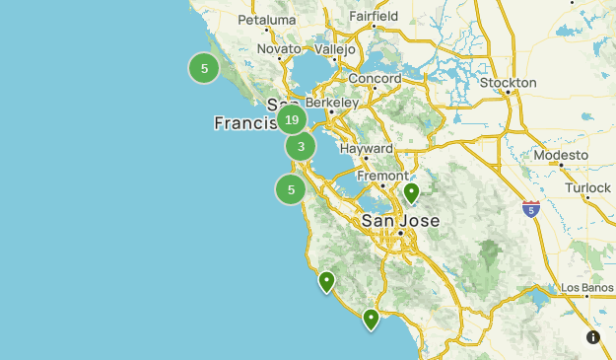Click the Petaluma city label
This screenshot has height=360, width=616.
point(267,20)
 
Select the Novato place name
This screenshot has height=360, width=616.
point(279,49)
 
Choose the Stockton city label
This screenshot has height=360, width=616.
point(508,83)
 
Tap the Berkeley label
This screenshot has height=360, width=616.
point(332,103)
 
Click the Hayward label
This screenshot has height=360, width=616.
point(366,148)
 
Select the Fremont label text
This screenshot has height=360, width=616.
point(382,177)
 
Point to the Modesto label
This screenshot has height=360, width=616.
point(560,156)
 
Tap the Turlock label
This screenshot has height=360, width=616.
point(588,187)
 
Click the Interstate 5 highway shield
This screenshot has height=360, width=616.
point(531,208)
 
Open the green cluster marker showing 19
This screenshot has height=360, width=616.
point(290,121)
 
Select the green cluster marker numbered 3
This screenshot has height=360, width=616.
point(301,147)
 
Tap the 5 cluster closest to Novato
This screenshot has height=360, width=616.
point(204,68)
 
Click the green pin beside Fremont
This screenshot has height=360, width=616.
point(412,192)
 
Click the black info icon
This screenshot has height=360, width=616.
point(593,337)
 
